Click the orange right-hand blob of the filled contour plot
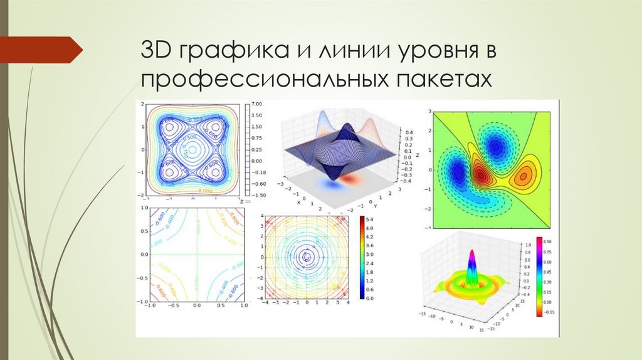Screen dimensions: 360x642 (522, 177)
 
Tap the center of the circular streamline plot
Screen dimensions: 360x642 (307, 257)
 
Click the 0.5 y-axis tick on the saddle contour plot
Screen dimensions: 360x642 (144, 231)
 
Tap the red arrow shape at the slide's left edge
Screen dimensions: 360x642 (41, 50)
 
